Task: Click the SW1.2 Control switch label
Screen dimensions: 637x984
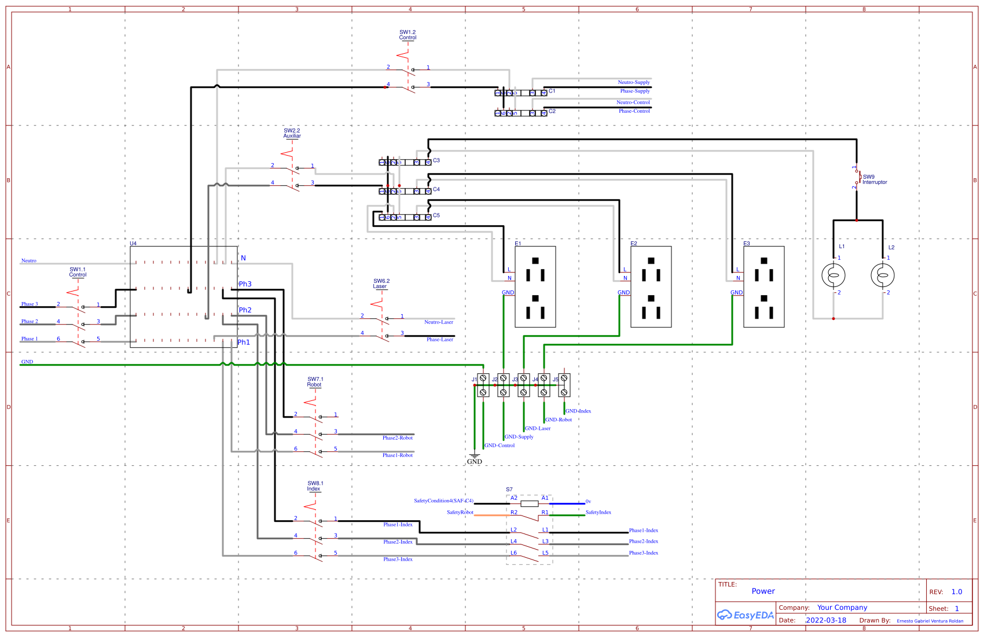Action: tap(407, 35)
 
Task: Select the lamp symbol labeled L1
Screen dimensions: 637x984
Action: tap(833, 275)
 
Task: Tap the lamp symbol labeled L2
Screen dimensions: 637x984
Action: tap(882, 275)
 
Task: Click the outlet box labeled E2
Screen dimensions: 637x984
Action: tap(651, 287)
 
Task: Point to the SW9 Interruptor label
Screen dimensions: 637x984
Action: tap(874, 179)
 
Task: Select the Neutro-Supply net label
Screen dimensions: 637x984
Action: tap(633, 82)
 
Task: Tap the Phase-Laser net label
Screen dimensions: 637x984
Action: tap(439, 340)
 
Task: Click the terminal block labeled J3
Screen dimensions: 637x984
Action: tap(523, 385)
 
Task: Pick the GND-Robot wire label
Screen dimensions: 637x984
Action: tap(558, 420)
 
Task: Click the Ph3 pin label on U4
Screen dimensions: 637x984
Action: tap(245, 284)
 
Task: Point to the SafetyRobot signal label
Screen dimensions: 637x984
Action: tap(460, 513)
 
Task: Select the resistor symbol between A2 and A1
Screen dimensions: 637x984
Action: tap(529, 504)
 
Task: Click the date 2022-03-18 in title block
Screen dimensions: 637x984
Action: tap(825, 620)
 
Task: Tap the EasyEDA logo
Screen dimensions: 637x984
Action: tap(746, 615)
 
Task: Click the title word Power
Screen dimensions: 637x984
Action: tap(763, 591)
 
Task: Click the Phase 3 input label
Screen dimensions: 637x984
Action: tap(30, 304)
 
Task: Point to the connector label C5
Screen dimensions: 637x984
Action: tap(436, 215)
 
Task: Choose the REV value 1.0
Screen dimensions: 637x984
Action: tap(956, 592)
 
